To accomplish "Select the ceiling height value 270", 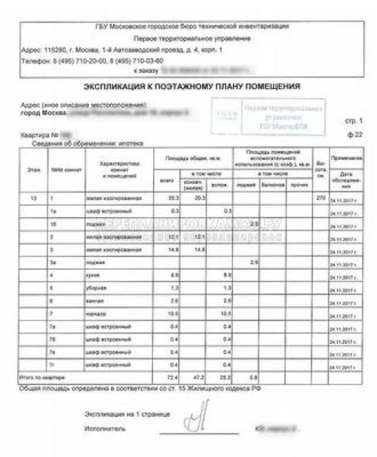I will tap(320, 198).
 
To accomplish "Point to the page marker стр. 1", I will tap(354, 121).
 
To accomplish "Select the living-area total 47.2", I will tap(200, 376).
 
